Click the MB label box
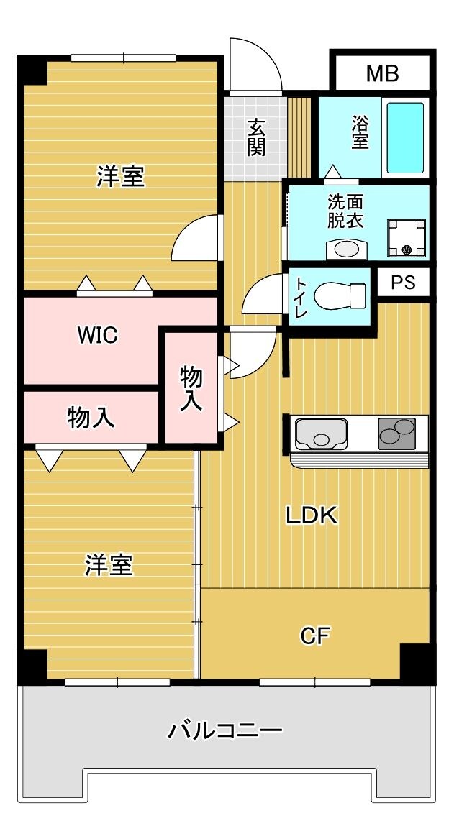pyautogui.click(x=382, y=73)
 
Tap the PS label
pyautogui.click(x=404, y=283)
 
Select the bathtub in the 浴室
pyautogui.click(x=406, y=137)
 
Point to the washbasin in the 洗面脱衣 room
pyautogui.click(x=346, y=249)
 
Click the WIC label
pyautogui.click(x=98, y=335)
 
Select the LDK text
pyautogui.click(x=312, y=515)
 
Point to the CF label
pyautogui.click(x=314, y=636)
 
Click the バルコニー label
pyautogui.click(x=225, y=732)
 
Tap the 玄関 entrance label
pyautogui.click(x=256, y=137)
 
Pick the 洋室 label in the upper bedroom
pyautogui.click(x=121, y=176)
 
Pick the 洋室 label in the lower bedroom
pyautogui.click(x=109, y=565)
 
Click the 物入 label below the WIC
pyautogui.click(x=91, y=417)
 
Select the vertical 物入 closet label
pyautogui.click(x=191, y=388)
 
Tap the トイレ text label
pyautogui.click(x=300, y=298)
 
